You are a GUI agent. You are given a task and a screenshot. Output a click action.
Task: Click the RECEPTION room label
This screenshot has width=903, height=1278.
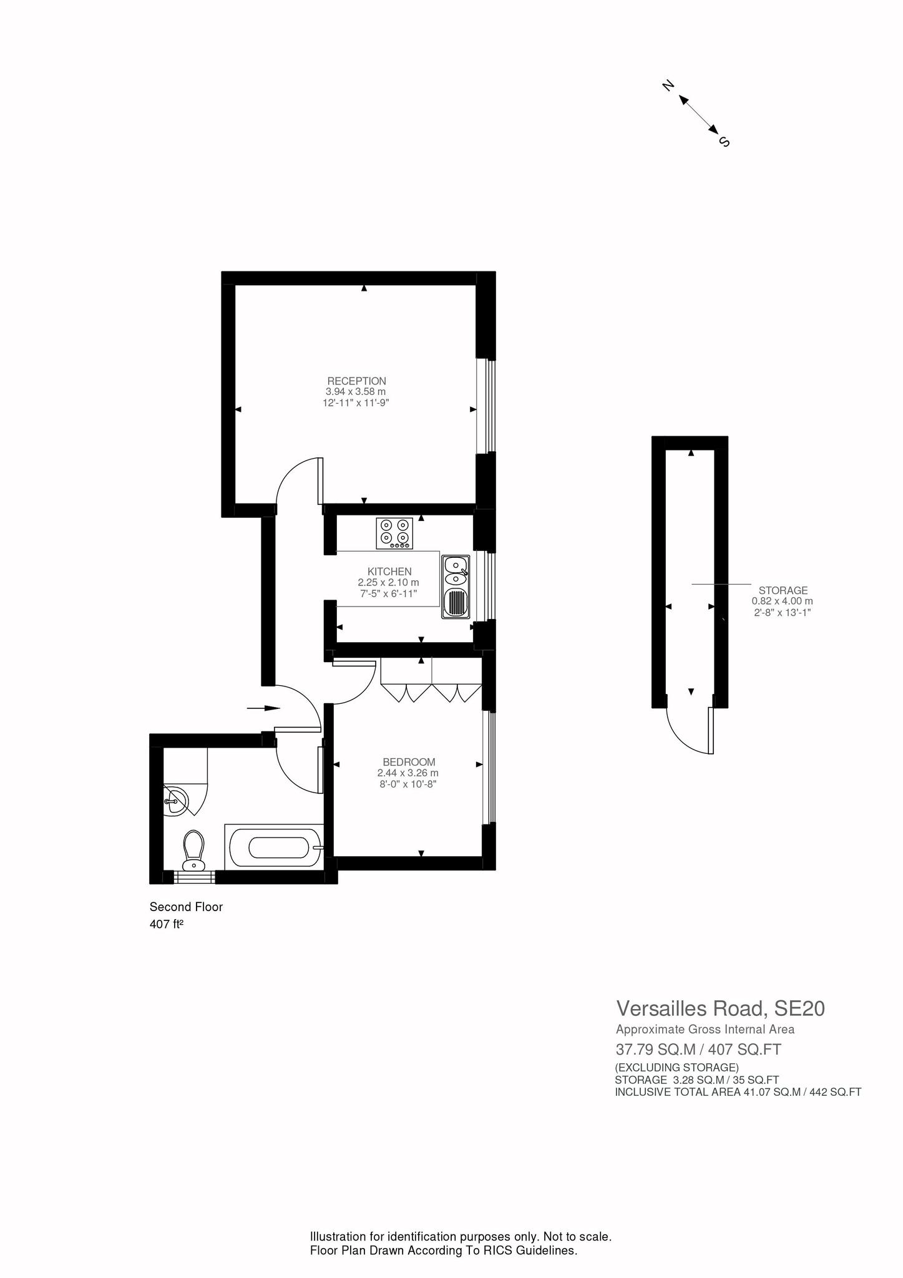[x=356, y=381]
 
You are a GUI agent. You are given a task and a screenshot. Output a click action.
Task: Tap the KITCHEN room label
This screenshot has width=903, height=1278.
[x=389, y=571]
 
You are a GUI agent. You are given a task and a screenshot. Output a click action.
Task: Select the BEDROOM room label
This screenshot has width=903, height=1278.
[x=409, y=762]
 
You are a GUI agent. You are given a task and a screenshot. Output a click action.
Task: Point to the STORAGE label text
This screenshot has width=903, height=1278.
[x=783, y=590]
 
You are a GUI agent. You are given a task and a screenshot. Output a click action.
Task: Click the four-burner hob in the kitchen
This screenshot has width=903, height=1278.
[x=394, y=534]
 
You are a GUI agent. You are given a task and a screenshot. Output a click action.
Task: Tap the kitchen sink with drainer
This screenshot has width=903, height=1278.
[x=456, y=587]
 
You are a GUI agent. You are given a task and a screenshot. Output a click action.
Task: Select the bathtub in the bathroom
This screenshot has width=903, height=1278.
[x=274, y=846]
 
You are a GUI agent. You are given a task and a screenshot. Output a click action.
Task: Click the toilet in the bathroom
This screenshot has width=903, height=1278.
[x=193, y=850]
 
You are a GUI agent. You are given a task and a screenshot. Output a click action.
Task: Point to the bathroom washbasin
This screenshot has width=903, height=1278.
[x=176, y=799]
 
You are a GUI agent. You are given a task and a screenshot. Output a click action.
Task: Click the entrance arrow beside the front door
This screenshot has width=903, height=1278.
[x=263, y=708]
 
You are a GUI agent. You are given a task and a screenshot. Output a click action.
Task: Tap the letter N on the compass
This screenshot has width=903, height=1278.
[x=668, y=85]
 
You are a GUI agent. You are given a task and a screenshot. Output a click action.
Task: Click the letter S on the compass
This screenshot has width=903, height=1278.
[x=725, y=142]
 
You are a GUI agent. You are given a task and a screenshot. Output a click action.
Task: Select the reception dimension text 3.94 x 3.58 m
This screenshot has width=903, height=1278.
[x=356, y=391]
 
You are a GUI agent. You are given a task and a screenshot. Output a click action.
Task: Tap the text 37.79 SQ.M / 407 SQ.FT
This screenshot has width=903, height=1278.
[x=698, y=1050]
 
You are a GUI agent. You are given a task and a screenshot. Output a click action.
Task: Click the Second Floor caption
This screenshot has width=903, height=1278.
[x=186, y=907]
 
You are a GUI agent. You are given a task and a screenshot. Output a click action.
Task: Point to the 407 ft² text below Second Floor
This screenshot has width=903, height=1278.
[x=166, y=924]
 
